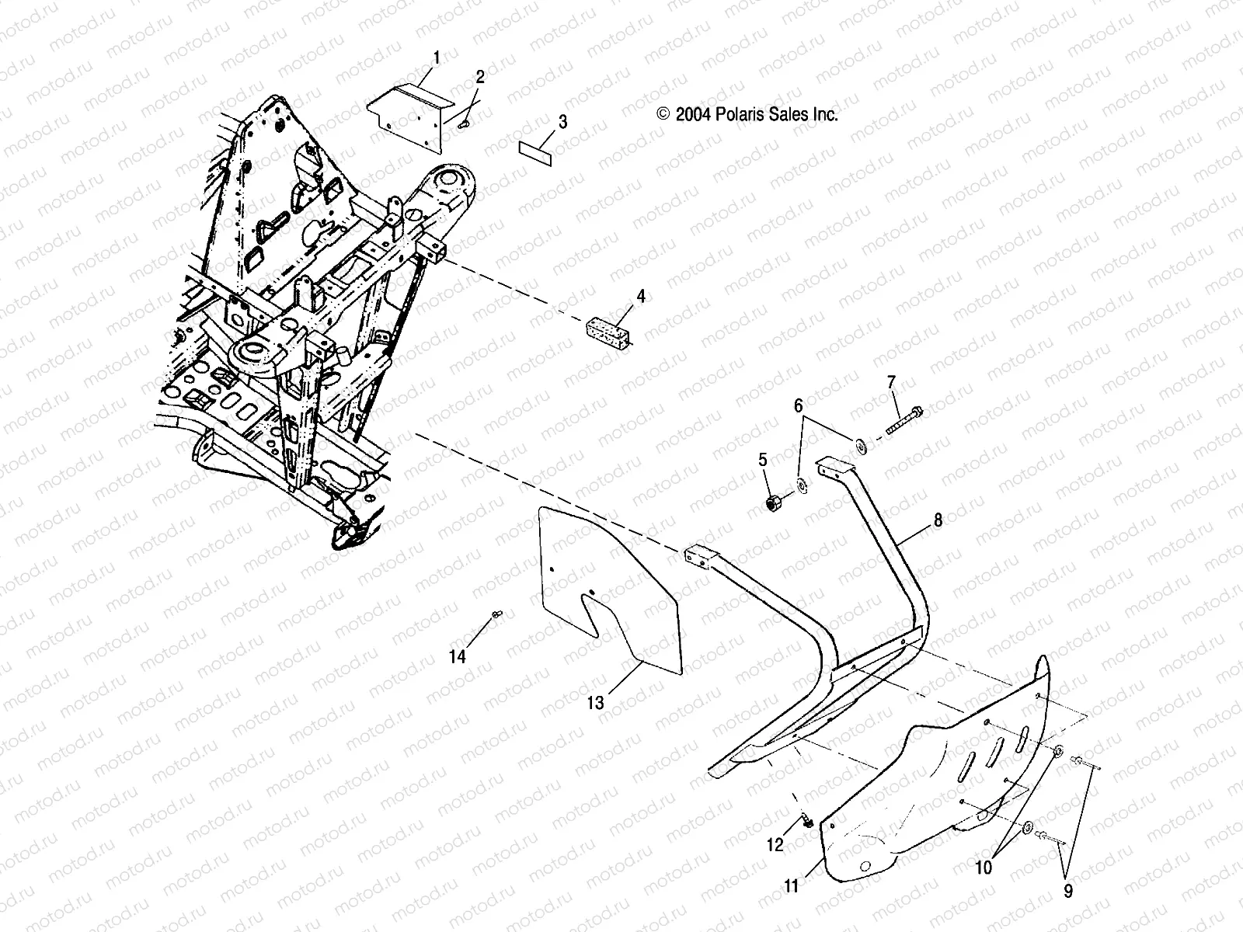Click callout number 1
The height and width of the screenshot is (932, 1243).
pos(436,57)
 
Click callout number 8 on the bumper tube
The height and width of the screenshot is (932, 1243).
pos(938,520)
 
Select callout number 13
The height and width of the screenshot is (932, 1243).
pos(595,703)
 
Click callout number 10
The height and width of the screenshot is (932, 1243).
pos(984,867)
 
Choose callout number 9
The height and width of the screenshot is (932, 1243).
pos(1067,892)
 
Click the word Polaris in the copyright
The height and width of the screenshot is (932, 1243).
pos(741,115)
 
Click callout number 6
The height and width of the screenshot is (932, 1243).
pos(798,405)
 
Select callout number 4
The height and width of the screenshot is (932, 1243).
pos(641,296)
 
